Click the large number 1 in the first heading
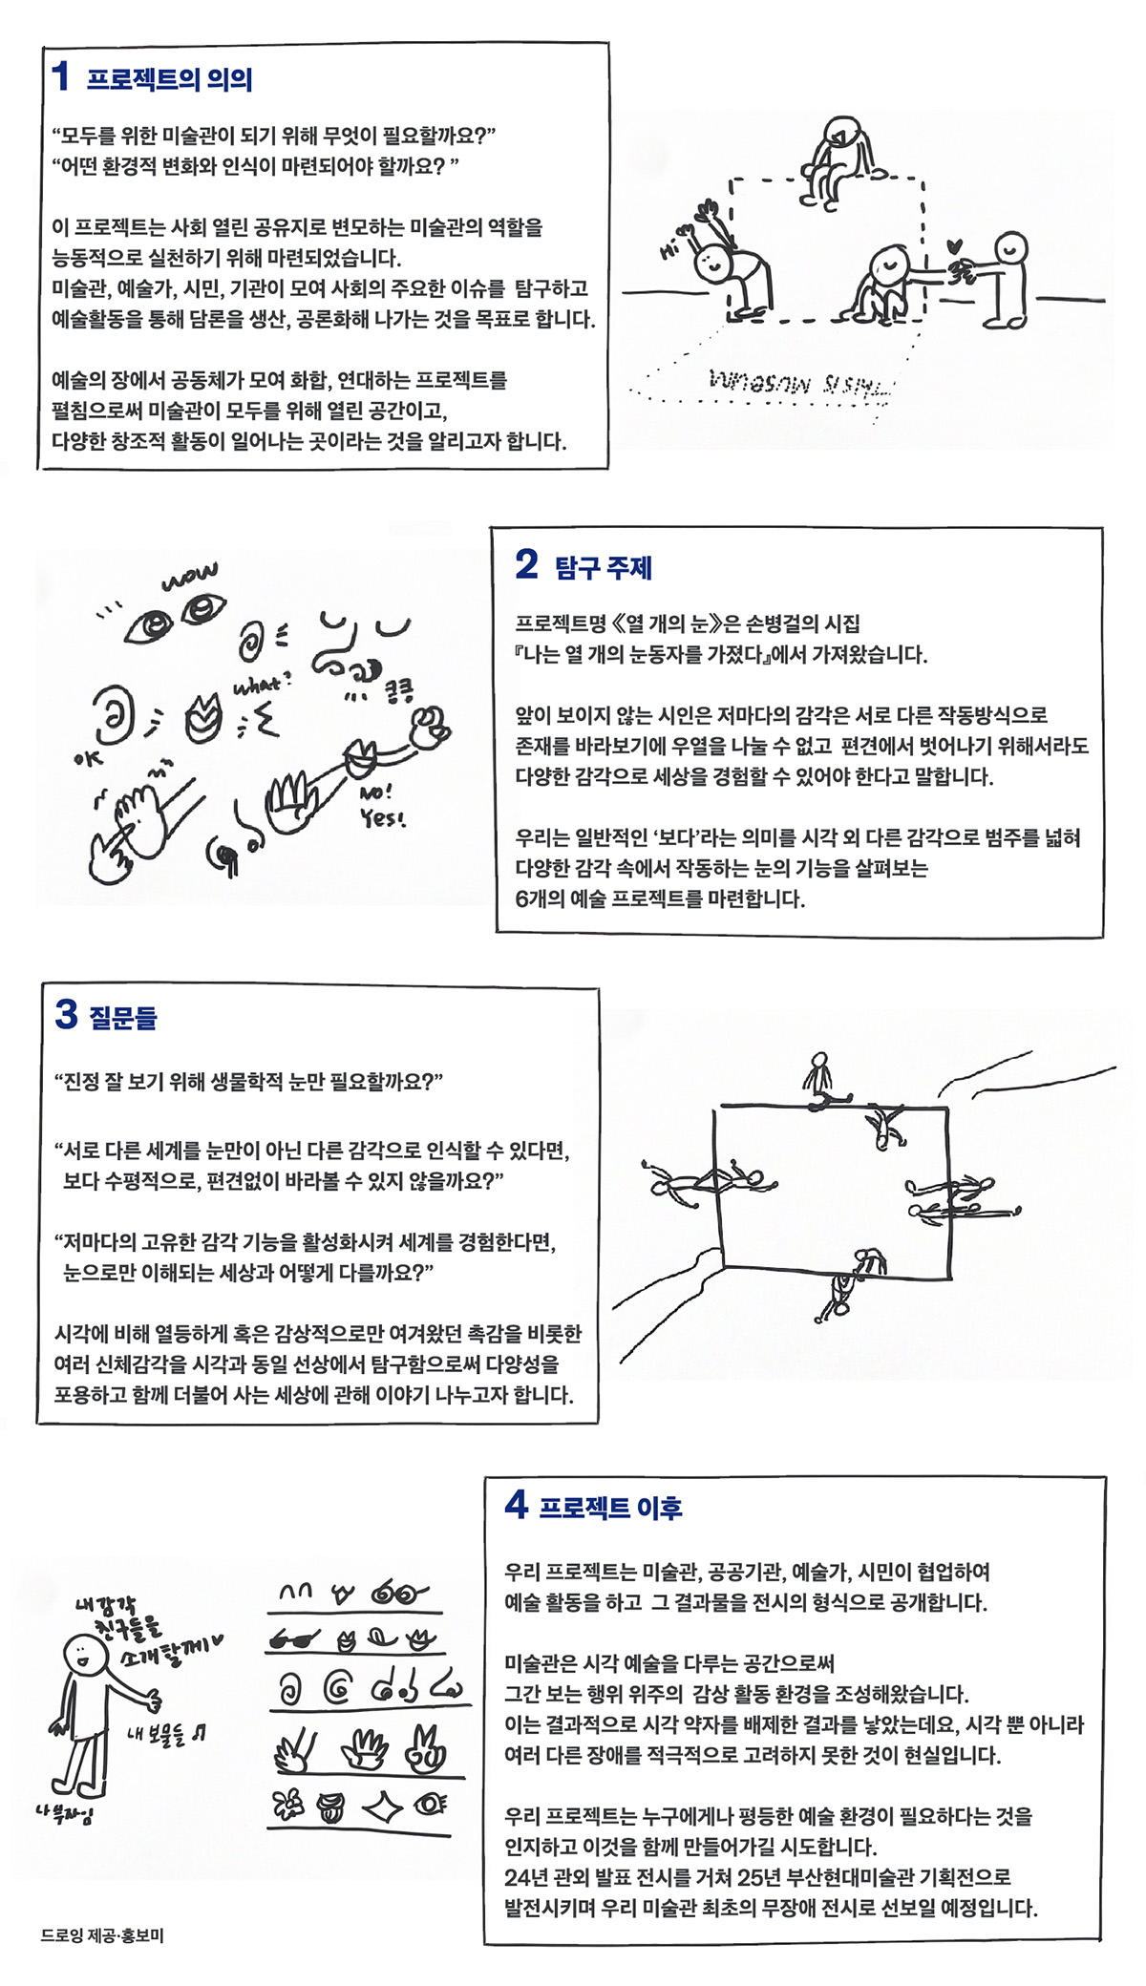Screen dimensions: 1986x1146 tap(61, 76)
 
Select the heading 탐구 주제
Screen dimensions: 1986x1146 tap(603, 568)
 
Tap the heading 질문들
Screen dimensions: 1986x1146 tap(122, 1018)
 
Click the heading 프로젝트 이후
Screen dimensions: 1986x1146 tap(609, 1508)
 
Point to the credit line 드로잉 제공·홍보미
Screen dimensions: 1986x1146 tap(102, 1936)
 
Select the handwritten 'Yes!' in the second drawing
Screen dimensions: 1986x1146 tap(382, 818)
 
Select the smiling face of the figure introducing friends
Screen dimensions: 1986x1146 tap(85, 1655)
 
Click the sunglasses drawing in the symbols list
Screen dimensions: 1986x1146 tap(293, 1639)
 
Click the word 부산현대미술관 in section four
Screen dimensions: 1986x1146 tap(851, 1877)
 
